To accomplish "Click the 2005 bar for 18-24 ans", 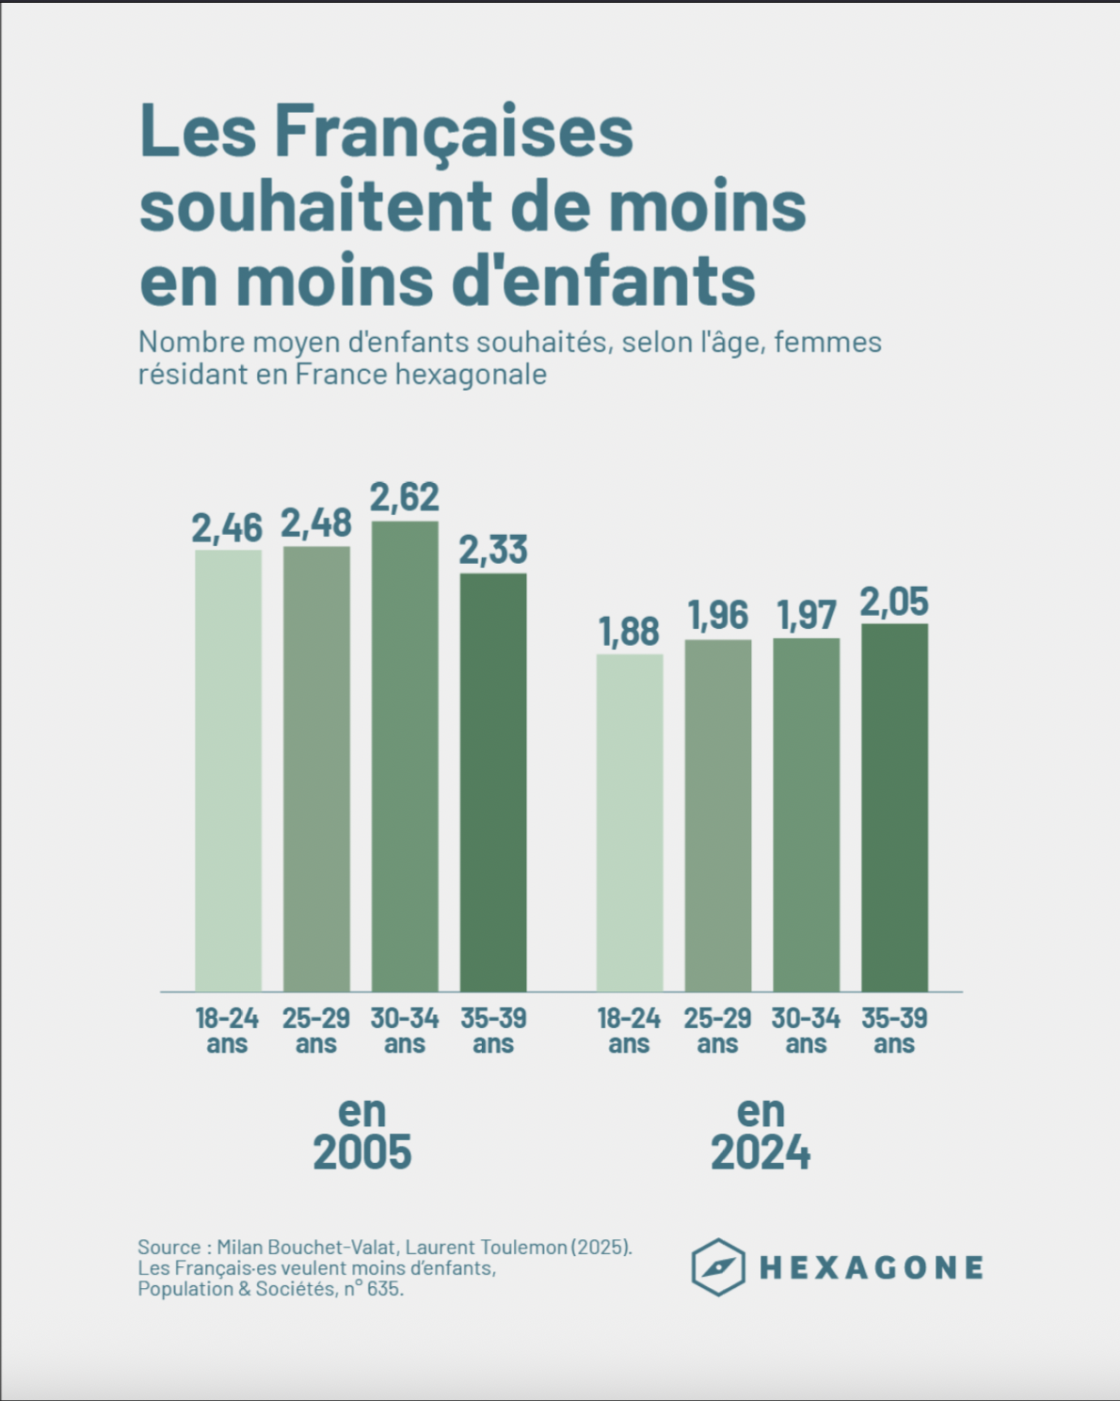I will (x=228, y=770).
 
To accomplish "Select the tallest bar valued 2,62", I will (x=405, y=756).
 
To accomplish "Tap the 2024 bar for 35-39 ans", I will (x=894, y=807).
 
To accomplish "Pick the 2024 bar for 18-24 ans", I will (x=629, y=822).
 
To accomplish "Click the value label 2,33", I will (x=493, y=550).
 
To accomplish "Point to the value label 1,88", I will (x=629, y=632).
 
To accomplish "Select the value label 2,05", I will (x=894, y=602).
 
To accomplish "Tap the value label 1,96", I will (x=717, y=616).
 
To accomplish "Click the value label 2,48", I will (x=316, y=523).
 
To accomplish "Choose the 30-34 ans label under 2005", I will (x=405, y=1031).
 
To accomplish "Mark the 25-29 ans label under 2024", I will (x=717, y=1031).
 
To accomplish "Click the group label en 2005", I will (x=362, y=1133).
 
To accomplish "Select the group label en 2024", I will (x=760, y=1133).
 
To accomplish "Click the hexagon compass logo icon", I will (x=718, y=1267).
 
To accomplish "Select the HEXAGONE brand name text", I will (x=872, y=1267).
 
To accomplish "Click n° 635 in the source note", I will (x=373, y=1289).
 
